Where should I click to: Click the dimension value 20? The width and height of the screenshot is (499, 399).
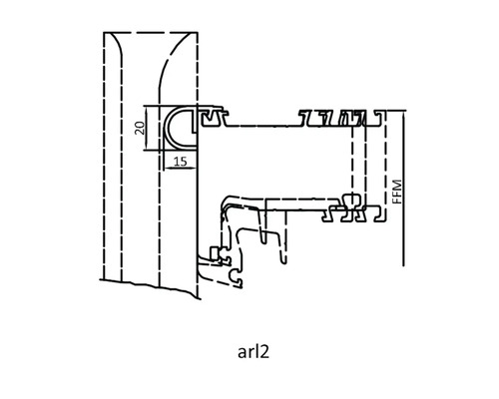[x=141, y=128]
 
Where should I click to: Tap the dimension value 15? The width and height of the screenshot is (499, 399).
[x=181, y=162]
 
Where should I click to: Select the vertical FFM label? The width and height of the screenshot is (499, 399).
[x=397, y=193]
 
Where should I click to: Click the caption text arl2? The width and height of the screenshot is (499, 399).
[x=253, y=352]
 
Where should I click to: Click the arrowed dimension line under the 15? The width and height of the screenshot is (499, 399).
[x=180, y=169]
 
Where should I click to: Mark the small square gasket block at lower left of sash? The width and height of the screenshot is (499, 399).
[x=216, y=253]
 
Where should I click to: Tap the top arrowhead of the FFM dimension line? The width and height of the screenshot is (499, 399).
[x=403, y=114]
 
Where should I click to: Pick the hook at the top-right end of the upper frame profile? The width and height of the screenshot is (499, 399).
[x=378, y=117]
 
